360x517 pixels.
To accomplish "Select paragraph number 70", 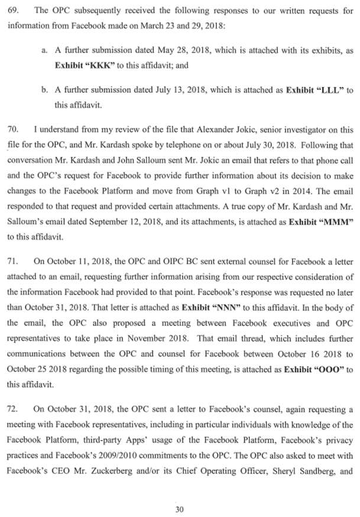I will pos(12,128).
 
